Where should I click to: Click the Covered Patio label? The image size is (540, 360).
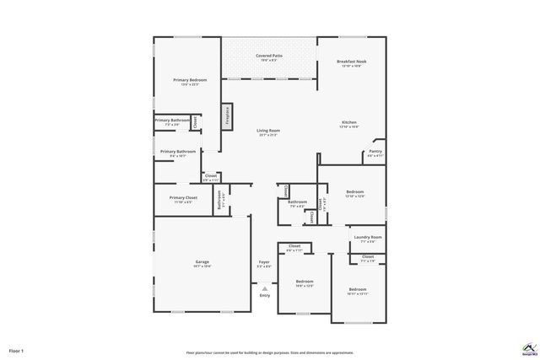pos(269,56)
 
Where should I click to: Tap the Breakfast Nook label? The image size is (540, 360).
pos(350,62)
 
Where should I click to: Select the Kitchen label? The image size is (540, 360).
pos(349,122)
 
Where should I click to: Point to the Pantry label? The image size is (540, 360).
pos(375,152)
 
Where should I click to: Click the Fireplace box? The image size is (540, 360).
pos(226,116)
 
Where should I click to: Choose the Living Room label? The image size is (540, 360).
pos(268,131)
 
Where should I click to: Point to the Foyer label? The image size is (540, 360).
pos(264,262)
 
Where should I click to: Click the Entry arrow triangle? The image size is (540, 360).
pos(264,287)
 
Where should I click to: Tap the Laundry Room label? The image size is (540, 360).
pos(368,238)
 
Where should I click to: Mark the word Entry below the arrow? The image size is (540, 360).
pos(264,295)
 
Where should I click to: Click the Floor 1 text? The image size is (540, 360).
pos(16,350)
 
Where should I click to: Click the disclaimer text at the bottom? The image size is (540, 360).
pos(269,352)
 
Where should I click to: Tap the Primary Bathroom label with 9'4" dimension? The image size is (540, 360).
pos(177,152)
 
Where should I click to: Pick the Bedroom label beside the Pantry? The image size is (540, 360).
pos(354,192)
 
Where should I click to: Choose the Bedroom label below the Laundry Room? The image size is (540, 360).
pos(358,290)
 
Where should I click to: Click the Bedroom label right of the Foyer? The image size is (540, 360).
pos(304,282)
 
